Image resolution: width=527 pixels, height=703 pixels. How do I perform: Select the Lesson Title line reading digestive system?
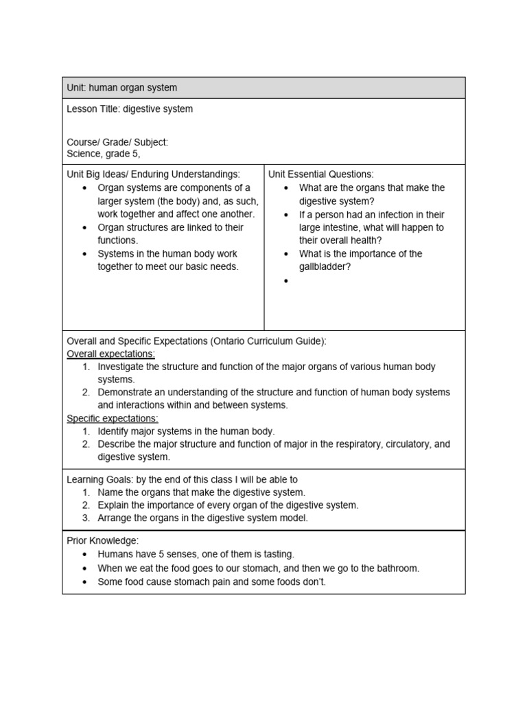pos(130,109)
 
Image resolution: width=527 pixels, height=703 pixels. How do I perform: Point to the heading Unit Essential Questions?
pos(320,174)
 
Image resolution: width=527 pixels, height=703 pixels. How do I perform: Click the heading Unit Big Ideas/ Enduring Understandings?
pos(153,174)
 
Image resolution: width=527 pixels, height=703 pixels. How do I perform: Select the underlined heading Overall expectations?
pos(110,354)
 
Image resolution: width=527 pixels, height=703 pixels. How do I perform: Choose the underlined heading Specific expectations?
pos(112,418)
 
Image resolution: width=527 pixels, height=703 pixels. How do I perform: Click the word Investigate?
pos(121,367)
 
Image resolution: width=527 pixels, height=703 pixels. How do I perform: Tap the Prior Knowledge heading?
pos(102,541)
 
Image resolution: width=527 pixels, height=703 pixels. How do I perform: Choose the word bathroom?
pos(395,568)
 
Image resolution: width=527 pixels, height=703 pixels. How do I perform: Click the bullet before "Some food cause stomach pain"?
pos(84,582)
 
